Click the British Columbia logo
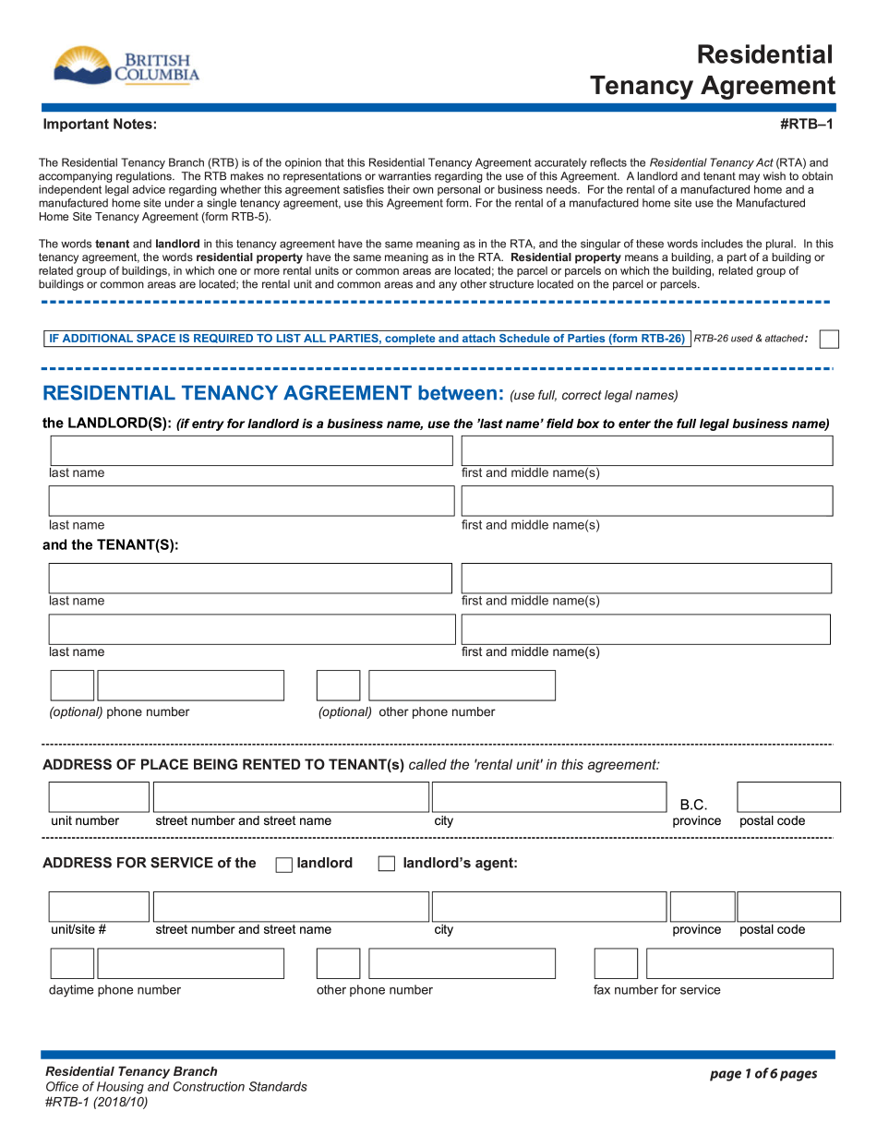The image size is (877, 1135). [126, 66]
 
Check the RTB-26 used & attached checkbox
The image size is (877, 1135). [829, 339]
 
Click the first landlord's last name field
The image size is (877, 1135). [251, 450]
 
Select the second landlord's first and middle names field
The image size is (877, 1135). [646, 501]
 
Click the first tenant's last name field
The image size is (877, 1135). [250, 578]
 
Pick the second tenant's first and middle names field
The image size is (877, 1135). [645, 629]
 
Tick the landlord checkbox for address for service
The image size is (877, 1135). [284, 865]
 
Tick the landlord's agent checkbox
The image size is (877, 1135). [387, 865]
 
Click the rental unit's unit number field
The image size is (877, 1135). [99, 797]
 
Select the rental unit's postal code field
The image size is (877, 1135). [788, 797]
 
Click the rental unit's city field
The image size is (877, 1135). [548, 797]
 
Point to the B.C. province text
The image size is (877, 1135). [693, 805]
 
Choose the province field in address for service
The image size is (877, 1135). [702, 907]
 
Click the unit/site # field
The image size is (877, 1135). [99, 907]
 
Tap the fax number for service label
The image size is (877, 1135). [656, 990]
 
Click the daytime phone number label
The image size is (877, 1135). [114, 990]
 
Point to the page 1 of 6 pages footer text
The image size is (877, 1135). [763, 1073]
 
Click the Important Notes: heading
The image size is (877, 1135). [100, 125]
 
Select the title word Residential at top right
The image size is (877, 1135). [764, 54]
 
